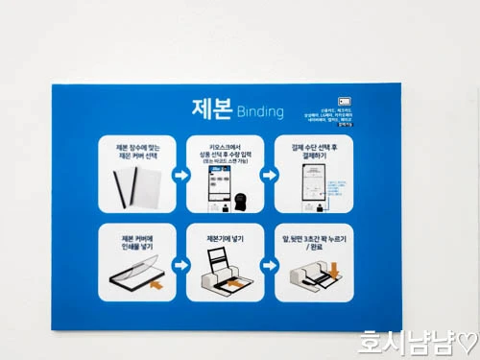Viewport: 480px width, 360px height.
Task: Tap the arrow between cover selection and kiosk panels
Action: click(180, 176)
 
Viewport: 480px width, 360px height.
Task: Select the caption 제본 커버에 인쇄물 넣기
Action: click(133, 243)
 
